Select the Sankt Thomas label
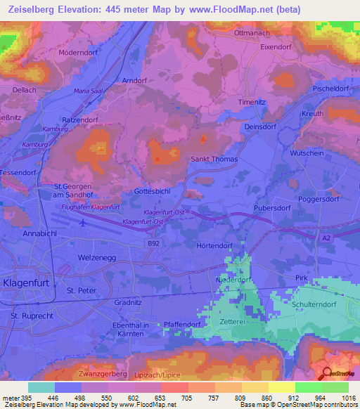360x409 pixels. [214, 160]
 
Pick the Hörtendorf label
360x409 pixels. [214, 246]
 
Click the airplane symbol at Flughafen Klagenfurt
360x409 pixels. [85, 223]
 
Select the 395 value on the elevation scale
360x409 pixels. [21, 397]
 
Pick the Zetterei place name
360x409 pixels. [231, 299]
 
